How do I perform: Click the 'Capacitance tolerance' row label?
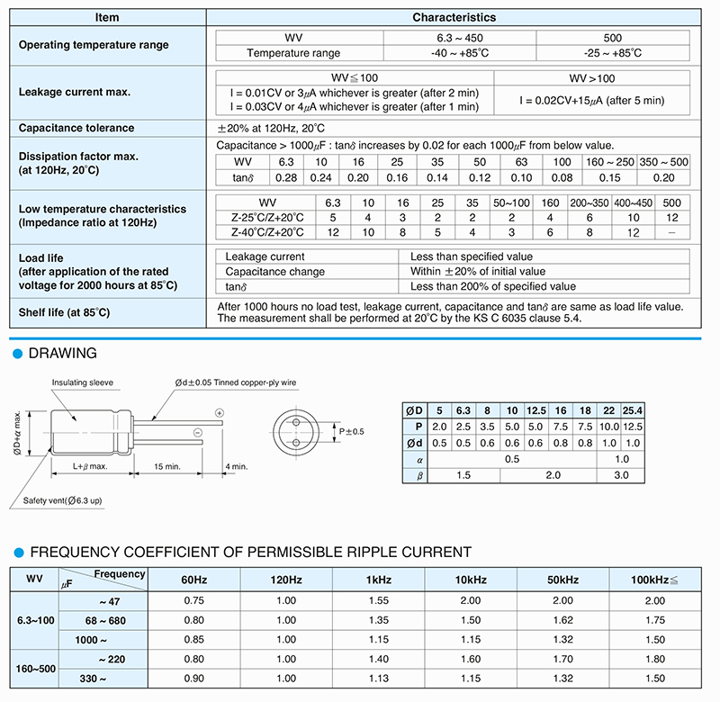point(76,128)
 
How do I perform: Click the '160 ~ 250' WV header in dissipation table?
point(609,161)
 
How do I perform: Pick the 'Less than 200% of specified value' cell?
point(493,287)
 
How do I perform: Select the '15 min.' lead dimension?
point(168,466)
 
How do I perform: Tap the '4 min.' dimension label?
point(237,466)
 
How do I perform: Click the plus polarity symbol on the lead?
point(220,411)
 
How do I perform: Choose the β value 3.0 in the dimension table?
point(622,474)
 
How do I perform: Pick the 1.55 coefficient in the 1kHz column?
point(379,600)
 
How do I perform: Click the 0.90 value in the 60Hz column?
point(193,679)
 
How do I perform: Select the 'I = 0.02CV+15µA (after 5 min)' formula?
point(592,100)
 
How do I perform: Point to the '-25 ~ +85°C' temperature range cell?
point(614,53)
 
